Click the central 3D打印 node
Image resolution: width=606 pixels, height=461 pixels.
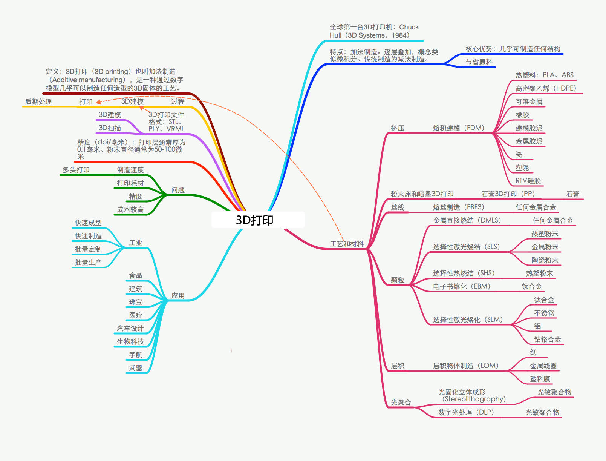click(x=255, y=220)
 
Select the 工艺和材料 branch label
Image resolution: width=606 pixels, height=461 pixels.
click(x=347, y=244)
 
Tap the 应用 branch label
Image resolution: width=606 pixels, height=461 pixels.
click(x=178, y=296)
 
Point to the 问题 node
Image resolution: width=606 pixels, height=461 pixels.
click(x=178, y=190)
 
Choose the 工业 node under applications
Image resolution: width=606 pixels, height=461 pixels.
click(x=136, y=243)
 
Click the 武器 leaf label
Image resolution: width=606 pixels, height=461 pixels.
click(x=136, y=368)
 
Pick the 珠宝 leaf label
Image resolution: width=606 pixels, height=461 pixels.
click(x=136, y=302)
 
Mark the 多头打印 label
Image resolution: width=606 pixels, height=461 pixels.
click(x=76, y=170)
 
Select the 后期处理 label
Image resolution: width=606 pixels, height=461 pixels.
click(x=38, y=102)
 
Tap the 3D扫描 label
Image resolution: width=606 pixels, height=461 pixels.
click(x=110, y=128)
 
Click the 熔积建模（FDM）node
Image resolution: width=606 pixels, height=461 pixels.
click(x=459, y=128)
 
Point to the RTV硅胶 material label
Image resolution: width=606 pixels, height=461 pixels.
click(x=528, y=181)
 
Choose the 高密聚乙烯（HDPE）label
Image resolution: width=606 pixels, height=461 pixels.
click(x=546, y=88)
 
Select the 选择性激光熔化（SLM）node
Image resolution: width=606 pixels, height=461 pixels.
click(x=468, y=320)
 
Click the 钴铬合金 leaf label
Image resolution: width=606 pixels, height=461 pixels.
click(x=547, y=340)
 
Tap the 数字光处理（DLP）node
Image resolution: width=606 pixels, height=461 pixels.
click(x=466, y=412)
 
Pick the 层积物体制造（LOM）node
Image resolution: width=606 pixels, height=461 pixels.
click(x=466, y=366)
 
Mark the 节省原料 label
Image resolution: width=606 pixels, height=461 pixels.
click(x=479, y=62)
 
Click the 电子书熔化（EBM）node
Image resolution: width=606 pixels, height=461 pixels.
click(x=462, y=287)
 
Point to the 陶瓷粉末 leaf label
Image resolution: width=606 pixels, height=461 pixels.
click(x=545, y=260)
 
